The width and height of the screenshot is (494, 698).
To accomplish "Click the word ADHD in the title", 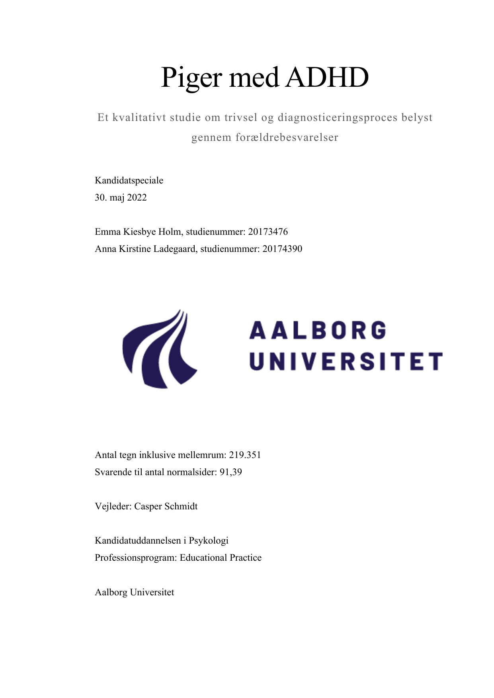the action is pos(327,77).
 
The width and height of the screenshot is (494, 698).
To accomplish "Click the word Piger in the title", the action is pos(191,78).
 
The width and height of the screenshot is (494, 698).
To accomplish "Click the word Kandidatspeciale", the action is pos(129,181).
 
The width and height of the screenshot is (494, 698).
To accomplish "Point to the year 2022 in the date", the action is pos(137,198).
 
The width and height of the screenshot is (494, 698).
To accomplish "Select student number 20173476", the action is pos(268,232).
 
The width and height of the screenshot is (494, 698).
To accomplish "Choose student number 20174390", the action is pos(282,249).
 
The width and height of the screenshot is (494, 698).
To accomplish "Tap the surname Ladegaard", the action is pos(175,249).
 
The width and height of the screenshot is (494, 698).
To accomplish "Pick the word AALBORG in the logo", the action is pos(318,331).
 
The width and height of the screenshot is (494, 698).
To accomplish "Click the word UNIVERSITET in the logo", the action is pos(346,361).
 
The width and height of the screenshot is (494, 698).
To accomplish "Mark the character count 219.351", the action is pos(245,455).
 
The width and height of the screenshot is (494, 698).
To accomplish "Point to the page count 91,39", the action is pos(231,472).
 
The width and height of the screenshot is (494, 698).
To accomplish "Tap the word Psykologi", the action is pos(208,541).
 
